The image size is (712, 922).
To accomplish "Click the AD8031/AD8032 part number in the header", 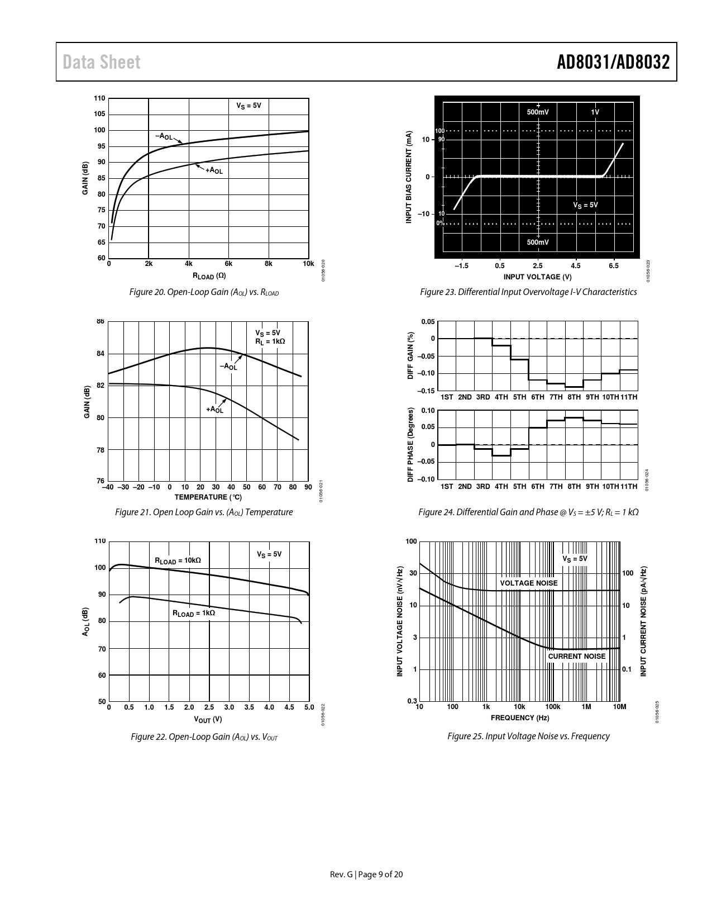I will tap(613, 63).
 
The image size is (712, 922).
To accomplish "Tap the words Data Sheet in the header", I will tap(102, 63).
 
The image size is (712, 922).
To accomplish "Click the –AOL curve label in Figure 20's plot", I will tap(164, 136).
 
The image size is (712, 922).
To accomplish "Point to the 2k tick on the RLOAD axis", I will tap(149, 264).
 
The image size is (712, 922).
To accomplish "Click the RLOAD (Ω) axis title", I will tap(209, 275).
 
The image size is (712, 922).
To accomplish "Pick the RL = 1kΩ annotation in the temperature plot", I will tap(270, 341).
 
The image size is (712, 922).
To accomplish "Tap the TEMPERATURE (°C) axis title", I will tap(208, 497).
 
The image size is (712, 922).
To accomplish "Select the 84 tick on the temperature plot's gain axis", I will tap(101, 354).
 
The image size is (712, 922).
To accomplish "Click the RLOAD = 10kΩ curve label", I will tap(178, 560).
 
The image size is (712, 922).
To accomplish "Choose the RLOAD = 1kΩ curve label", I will tap(193, 613).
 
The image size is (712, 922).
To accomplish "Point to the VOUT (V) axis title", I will tap(208, 719).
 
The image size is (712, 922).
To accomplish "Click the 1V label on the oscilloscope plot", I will tap(595, 112).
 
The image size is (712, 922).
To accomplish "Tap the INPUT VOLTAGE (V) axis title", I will tap(537, 277).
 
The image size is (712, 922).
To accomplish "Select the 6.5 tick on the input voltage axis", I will tap(613, 266).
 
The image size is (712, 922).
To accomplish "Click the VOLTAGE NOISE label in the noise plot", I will tap(528, 583).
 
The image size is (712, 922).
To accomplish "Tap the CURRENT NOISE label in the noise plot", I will tap(576, 657).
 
